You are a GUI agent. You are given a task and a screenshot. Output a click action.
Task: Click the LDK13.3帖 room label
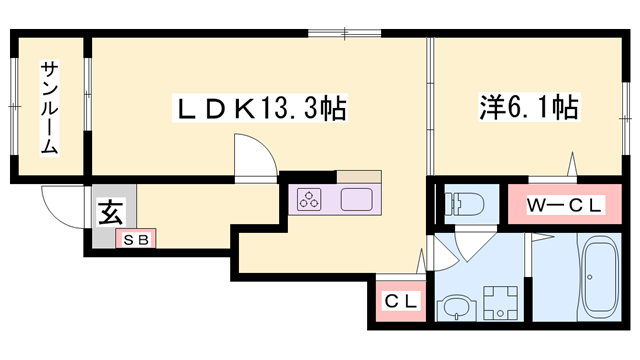pos(261,109)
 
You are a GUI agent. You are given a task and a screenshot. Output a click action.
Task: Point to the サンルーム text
pos(49,108)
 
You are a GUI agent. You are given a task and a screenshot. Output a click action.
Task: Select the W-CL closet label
pos(565,206)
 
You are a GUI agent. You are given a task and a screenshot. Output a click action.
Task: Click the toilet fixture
pos(461,202)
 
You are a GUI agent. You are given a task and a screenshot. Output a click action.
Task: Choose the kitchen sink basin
pos(357,199)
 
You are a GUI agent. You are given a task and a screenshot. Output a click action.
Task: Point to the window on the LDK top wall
pos(344,35)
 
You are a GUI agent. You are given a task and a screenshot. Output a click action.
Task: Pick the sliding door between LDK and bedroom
pos(430,110)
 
